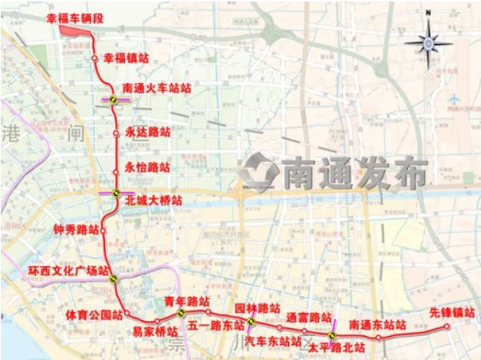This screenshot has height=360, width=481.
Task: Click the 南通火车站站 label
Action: point(157,89)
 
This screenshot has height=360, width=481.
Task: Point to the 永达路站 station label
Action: point(147,132)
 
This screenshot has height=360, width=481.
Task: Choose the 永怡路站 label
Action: point(147,167)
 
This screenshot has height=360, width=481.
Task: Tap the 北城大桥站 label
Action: point(153,199)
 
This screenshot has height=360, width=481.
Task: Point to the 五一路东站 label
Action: point(212,325)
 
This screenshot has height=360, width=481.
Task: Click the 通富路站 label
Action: point(308,317)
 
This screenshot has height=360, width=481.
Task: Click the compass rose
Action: point(428,42)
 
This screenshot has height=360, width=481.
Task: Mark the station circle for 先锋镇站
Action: point(448,327)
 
